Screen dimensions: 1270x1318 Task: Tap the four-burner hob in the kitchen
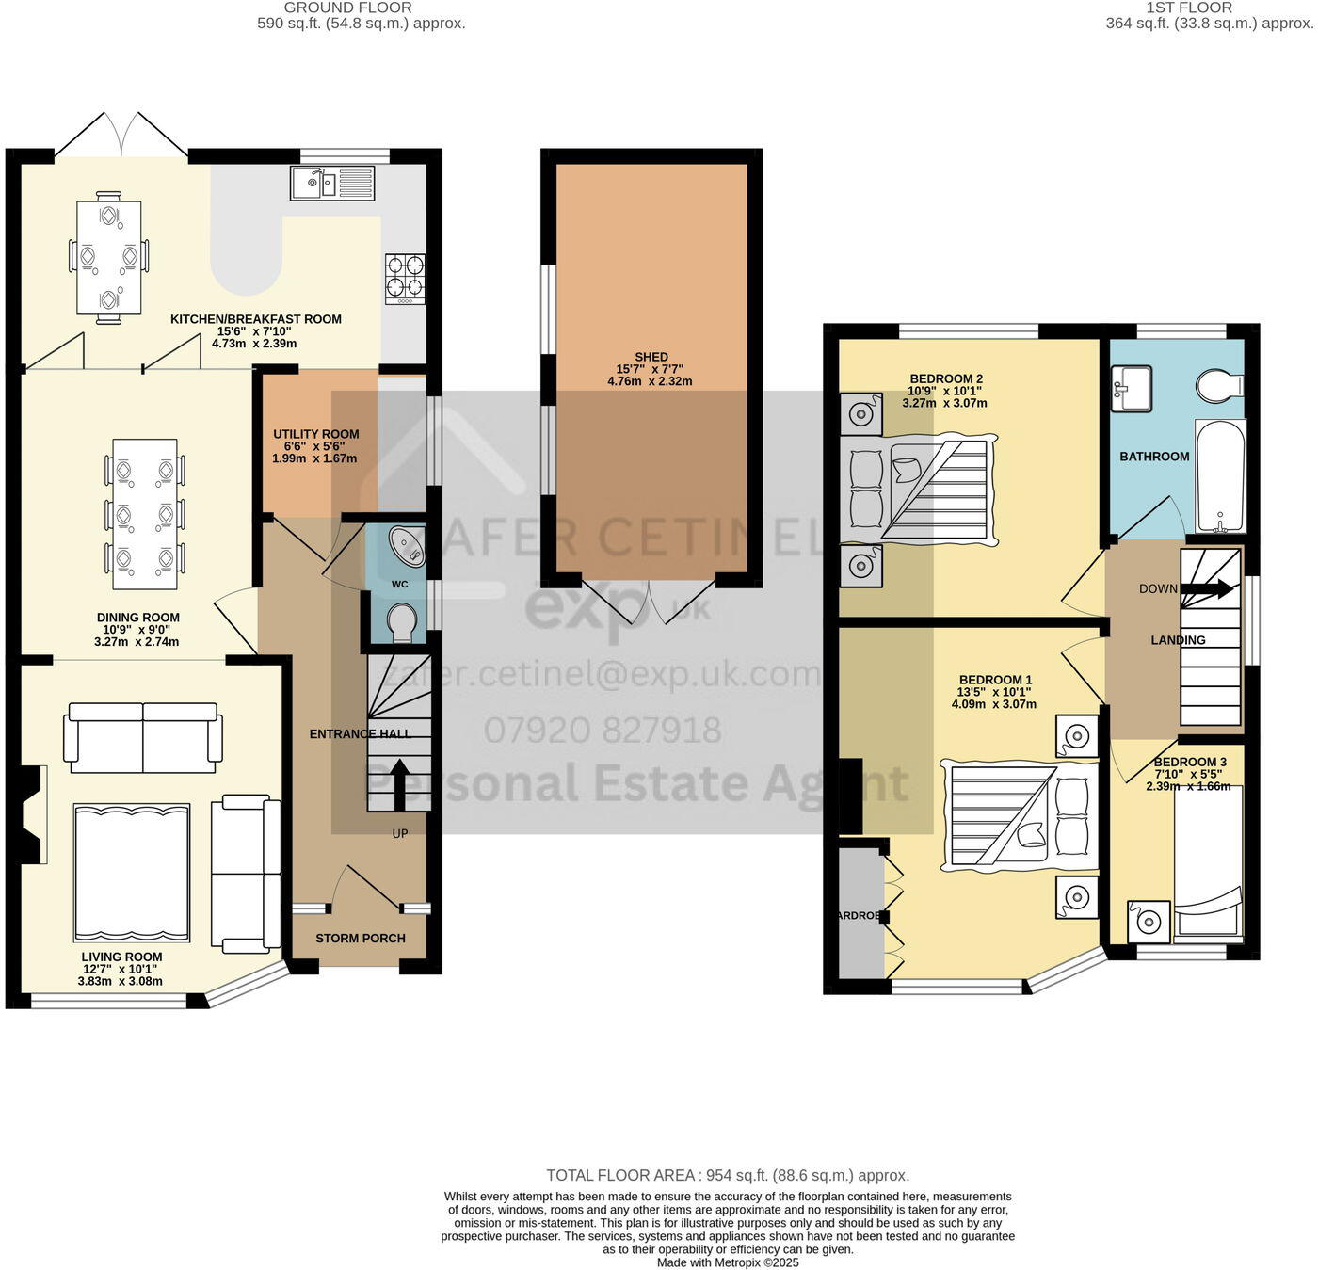[x=405, y=280]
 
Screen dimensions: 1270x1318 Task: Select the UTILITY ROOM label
[x=315, y=435]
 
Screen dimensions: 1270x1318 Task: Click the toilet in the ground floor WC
[x=402, y=622]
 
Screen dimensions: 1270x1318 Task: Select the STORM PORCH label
[x=361, y=939]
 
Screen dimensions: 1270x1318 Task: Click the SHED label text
[x=651, y=357]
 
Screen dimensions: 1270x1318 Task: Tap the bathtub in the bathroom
[x=1220, y=476]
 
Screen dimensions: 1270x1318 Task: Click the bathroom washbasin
[x=1131, y=388]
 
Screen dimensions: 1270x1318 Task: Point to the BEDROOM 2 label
[x=946, y=379]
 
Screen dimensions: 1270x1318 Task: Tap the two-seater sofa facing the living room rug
[x=143, y=736]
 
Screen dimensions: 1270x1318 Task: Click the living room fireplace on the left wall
[x=31, y=813]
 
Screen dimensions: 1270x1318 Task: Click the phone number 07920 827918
[x=603, y=730]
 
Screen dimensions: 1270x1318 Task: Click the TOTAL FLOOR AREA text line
[x=728, y=1175]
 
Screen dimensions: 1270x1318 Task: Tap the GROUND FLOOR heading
[x=347, y=8]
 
